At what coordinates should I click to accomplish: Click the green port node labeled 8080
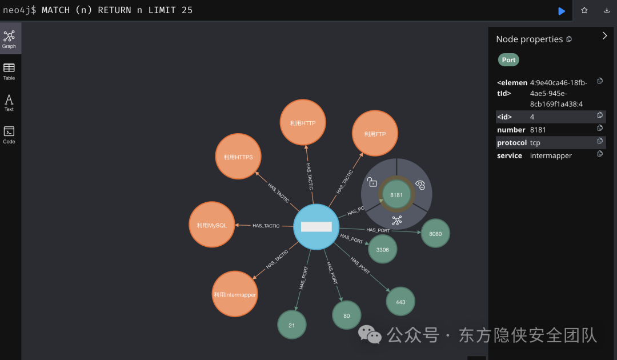click(x=435, y=233)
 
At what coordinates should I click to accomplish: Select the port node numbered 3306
click(x=382, y=249)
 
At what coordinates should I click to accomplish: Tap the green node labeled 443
click(x=400, y=301)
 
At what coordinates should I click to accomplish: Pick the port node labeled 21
click(x=292, y=325)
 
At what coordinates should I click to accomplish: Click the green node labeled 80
click(x=347, y=315)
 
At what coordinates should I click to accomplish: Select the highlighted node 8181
click(x=396, y=194)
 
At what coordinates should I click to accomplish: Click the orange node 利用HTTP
click(x=302, y=122)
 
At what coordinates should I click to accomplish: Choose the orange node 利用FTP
click(x=375, y=134)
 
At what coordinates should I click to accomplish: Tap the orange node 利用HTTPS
click(x=238, y=157)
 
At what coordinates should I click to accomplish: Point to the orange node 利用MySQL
click(x=212, y=225)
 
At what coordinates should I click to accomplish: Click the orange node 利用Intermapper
click(x=235, y=294)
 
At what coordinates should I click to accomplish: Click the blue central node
click(x=316, y=226)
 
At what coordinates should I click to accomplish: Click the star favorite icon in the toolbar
click(x=584, y=10)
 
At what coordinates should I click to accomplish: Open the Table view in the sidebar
click(x=9, y=71)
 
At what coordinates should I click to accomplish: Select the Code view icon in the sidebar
click(x=9, y=134)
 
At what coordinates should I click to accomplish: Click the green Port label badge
click(x=508, y=59)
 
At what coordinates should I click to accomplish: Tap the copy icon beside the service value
click(x=600, y=154)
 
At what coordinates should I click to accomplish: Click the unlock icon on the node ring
click(x=372, y=182)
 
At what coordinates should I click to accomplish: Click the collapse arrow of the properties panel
click(x=604, y=35)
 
